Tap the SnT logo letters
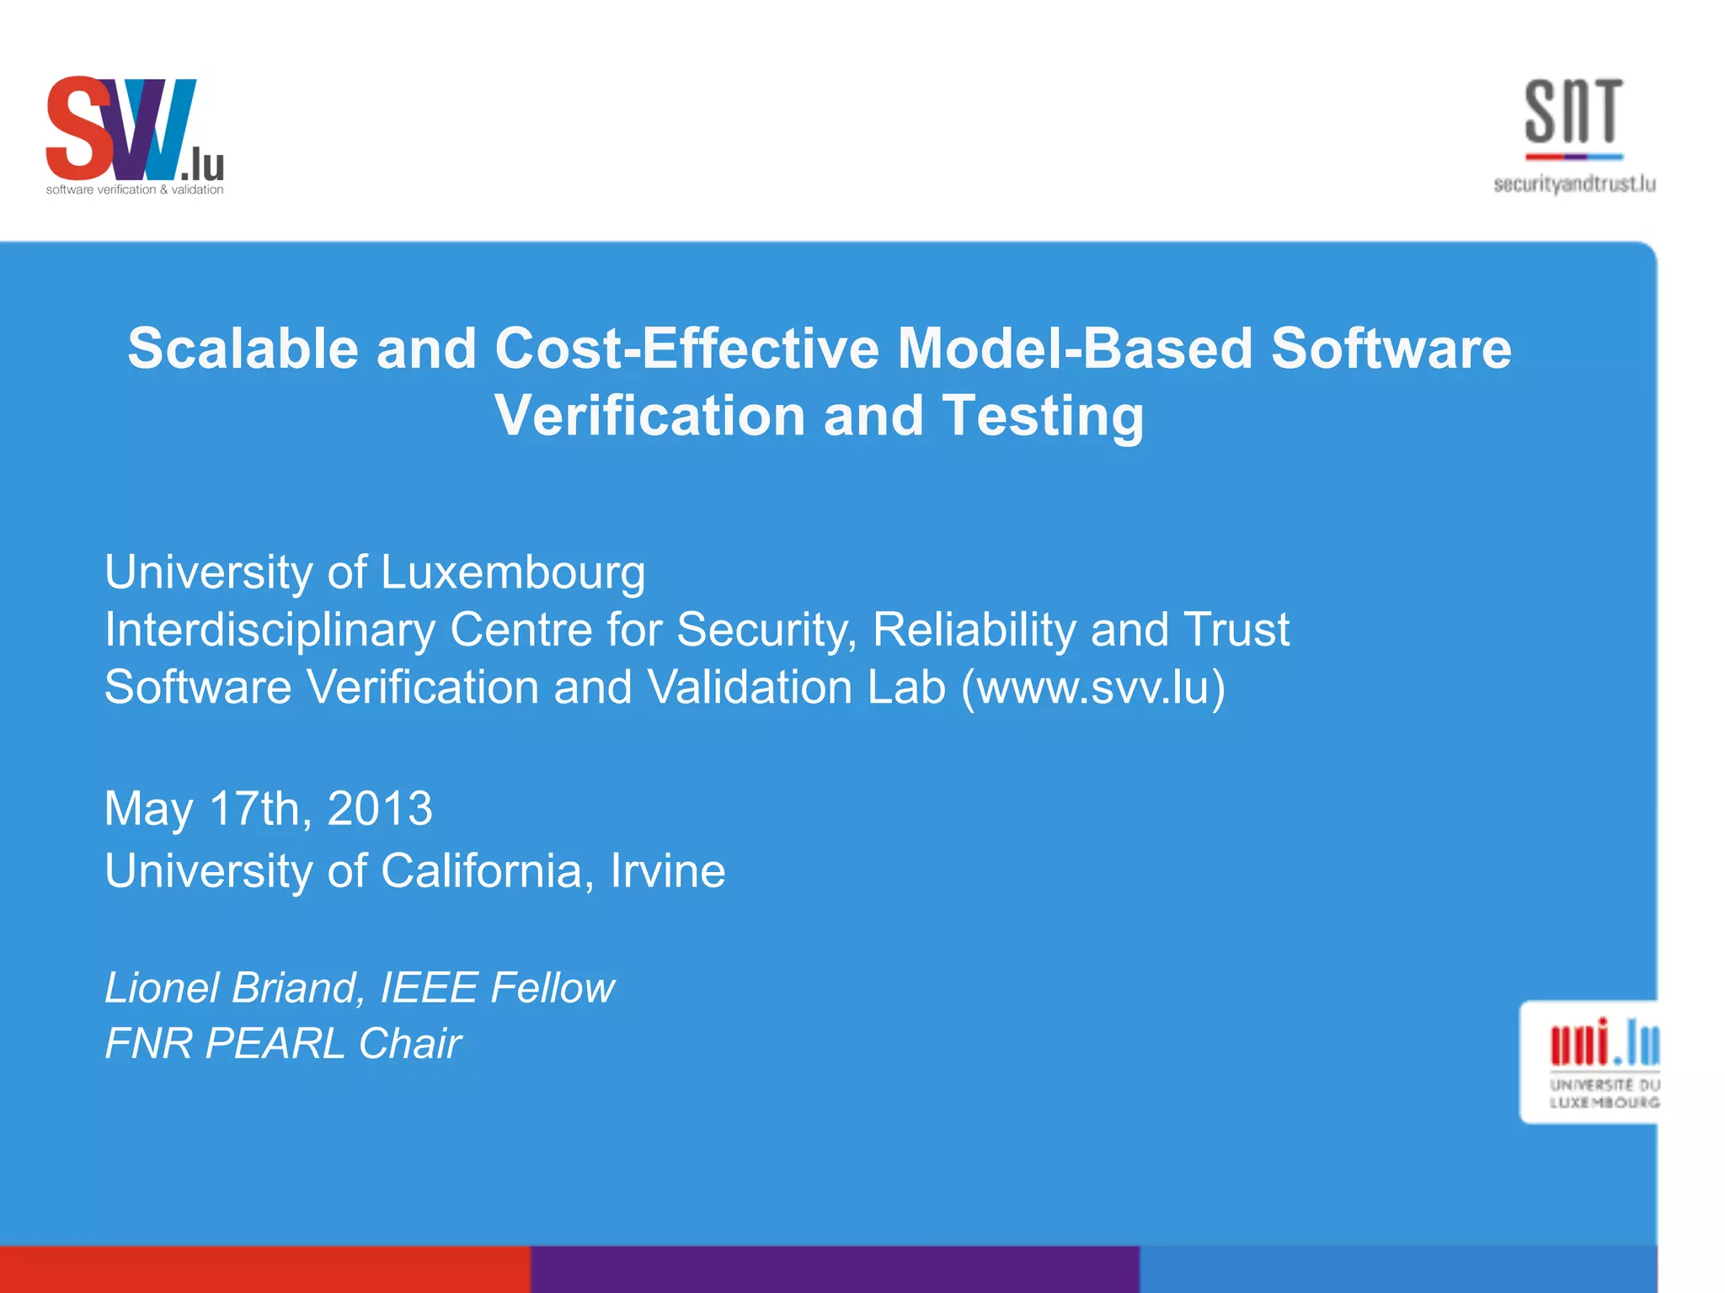pyautogui.click(x=1573, y=111)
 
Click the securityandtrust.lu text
pyautogui.click(x=1574, y=184)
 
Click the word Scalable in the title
pyautogui.click(x=243, y=349)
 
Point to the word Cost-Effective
pyautogui.click(x=687, y=349)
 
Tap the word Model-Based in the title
pyautogui.click(x=1075, y=349)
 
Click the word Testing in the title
pyautogui.click(x=1043, y=417)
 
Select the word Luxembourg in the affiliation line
pyautogui.click(x=513, y=572)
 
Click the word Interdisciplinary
pyautogui.click(x=270, y=630)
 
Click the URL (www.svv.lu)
pyautogui.click(x=1093, y=687)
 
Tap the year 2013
pyautogui.click(x=380, y=808)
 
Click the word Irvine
pyautogui.click(x=667, y=870)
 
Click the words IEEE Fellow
pyautogui.click(x=497, y=987)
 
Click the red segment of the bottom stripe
pyautogui.click(x=264, y=1269)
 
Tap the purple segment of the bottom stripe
pyautogui.click(x=835, y=1269)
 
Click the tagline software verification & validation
pyautogui.click(x=135, y=190)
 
